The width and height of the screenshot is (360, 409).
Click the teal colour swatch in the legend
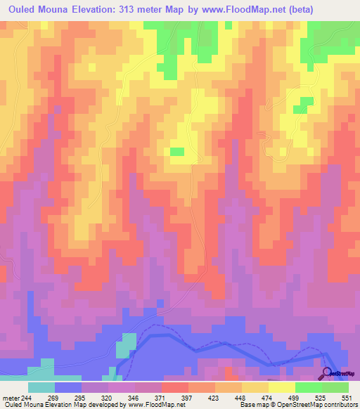tap(41, 387)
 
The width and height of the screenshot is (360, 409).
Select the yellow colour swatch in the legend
tap(281, 387)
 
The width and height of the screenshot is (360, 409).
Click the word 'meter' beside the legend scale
tap(11, 397)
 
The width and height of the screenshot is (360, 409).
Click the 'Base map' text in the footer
tap(252, 405)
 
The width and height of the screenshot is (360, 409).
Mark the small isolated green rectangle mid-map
tap(177, 151)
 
